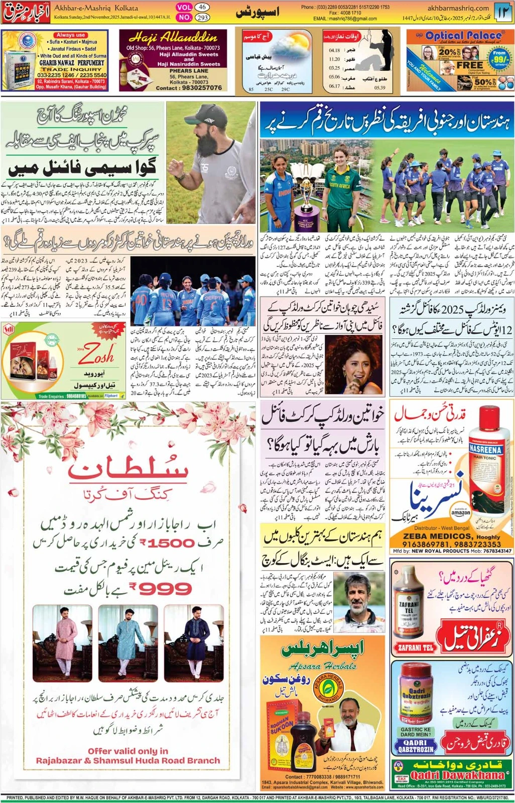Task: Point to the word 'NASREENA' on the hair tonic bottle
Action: point(485,450)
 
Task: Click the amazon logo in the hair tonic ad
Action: point(460,512)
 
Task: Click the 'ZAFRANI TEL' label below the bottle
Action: point(415,648)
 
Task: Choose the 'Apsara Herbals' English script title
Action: point(323,666)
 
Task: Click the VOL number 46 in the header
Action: point(202,7)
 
